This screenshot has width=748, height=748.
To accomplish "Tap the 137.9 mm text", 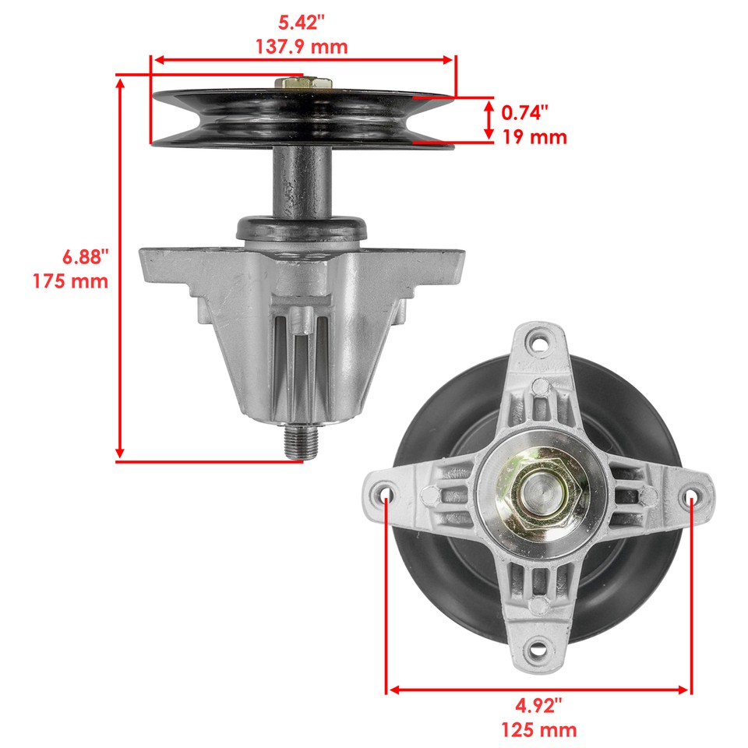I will [x=302, y=46].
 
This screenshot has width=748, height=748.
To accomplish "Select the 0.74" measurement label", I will [x=524, y=112].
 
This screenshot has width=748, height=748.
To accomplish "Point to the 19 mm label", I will [x=534, y=138].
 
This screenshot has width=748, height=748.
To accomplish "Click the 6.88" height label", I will [x=85, y=256].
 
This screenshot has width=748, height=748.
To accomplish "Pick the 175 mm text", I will [x=71, y=280].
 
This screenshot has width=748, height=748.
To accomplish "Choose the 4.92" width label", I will [x=538, y=706].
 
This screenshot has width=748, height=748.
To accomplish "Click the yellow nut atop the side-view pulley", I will [x=303, y=82].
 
